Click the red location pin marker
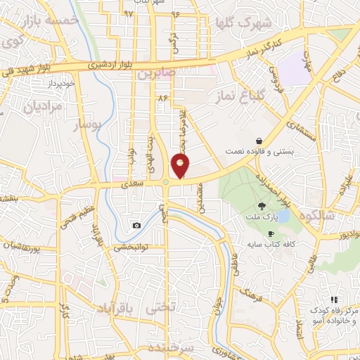(x=181, y=167)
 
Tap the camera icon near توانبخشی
(x=136, y=225)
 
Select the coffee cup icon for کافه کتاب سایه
(x=271, y=233)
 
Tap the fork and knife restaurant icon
(x=334, y=300)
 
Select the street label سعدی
(x=133, y=183)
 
